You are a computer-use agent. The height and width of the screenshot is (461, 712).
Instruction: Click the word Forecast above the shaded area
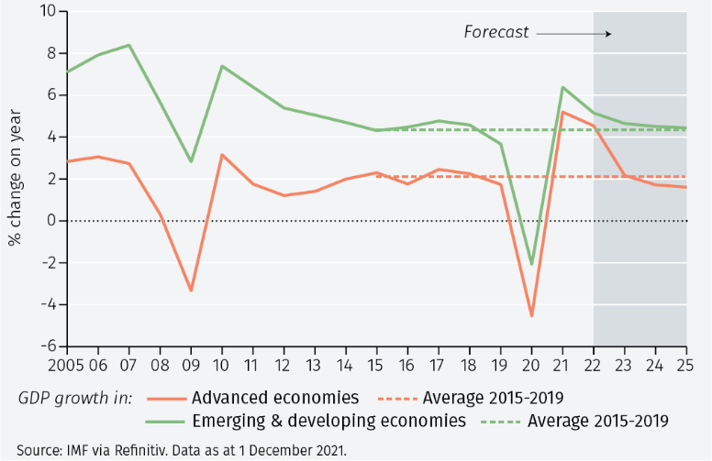tap(496, 32)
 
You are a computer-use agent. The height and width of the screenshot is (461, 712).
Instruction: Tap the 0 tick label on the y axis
tap(51, 221)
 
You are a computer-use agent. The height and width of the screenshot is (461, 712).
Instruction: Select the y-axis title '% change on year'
tap(16, 179)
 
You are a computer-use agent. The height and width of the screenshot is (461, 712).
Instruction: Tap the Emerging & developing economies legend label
tap(328, 421)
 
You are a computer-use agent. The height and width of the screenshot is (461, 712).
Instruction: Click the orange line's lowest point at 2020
tap(532, 316)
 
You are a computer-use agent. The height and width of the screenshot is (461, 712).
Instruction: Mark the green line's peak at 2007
tap(128, 45)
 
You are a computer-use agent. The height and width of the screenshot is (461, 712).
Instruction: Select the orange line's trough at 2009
tap(191, 291)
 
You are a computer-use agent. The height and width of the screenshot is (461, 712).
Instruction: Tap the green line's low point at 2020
tap(532, 264)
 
